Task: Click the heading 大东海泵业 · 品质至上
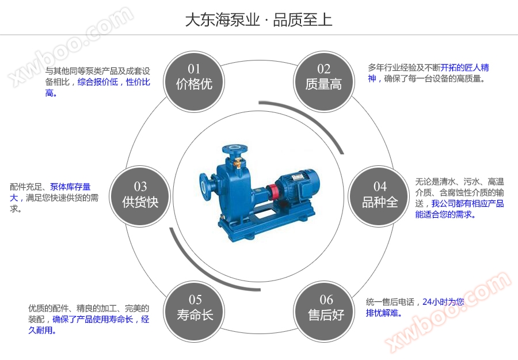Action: pos(258,20)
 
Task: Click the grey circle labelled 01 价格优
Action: pos(194,77)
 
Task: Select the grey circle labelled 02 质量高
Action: pos(323,78)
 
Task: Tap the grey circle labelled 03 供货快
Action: pos(140,195)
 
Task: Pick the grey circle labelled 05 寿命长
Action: pos(195,308)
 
